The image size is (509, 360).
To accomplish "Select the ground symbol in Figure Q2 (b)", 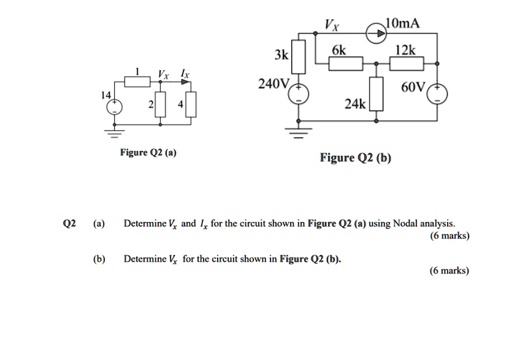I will click(299, 131).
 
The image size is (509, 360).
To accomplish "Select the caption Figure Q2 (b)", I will click(356, 158).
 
